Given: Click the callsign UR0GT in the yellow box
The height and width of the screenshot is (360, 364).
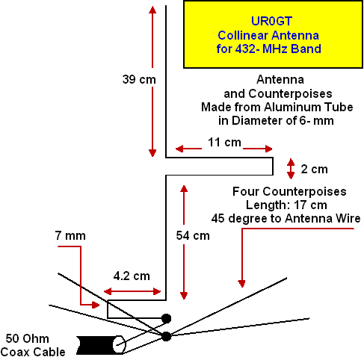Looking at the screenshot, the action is (x=271, y=21).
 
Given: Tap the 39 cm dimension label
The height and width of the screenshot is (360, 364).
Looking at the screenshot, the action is (x=139, y=80).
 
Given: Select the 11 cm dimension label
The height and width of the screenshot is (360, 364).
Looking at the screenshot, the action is (x=224, y=143).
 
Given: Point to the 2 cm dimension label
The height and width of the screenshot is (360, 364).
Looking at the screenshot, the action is (x=314, y=170).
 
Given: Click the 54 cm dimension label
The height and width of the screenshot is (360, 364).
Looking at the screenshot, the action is (x=193, y=235).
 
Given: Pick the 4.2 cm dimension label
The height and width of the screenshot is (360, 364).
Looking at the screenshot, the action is (x=132, y=276).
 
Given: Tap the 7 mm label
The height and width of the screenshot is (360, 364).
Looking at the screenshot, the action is (x=70, y=236).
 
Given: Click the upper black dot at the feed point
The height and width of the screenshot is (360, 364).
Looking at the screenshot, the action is (x=166, y=318).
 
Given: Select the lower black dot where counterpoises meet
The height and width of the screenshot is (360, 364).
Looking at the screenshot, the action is (x=166, y=336).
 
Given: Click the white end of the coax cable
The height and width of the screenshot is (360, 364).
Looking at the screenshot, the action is (x=119, y=345).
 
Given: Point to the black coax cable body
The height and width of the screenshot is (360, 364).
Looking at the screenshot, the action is (x=96, y=345).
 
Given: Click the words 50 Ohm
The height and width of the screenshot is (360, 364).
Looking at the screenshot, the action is (x=28, y=338).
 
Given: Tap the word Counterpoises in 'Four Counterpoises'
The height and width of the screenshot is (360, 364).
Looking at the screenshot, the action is (x=304, y=192).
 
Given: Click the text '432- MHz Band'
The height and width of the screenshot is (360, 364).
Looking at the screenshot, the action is (x=278, y=49).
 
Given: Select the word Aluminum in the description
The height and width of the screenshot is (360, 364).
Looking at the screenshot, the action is (x=290, y=108).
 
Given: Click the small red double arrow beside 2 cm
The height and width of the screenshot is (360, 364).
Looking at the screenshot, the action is (x=291, y=169).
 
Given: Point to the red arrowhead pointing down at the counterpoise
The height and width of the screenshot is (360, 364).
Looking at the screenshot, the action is (x=241, y=284).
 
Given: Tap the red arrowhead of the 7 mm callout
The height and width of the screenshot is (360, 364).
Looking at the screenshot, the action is (x=96, y=305).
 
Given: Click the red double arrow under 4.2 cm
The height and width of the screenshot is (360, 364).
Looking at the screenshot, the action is (x=132, y=291).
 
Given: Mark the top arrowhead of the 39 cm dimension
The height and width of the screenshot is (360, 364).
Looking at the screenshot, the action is (x=152, y=10).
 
